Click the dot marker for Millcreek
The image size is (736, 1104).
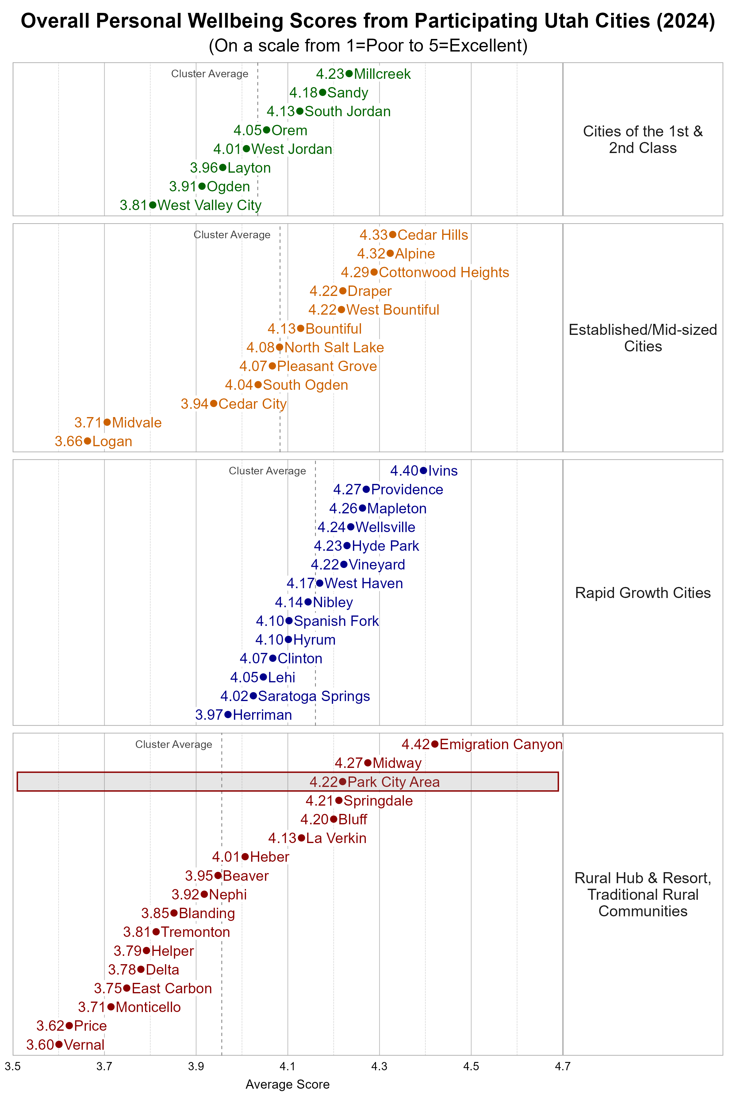(349, 74)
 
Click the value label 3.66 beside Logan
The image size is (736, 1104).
(68, 441)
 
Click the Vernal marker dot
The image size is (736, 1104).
(59, 1045)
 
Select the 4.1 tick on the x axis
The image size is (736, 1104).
(288, 1067)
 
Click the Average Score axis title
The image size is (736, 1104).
(287, 1084)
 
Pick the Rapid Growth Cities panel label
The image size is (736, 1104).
(642, 593)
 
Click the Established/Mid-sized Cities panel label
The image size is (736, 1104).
(642, 338)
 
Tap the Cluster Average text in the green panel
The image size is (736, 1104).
(210, 74)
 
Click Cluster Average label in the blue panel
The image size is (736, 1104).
(267, 471)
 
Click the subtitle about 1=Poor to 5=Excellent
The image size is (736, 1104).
(368, 45)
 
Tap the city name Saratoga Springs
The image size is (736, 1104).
(314, 696)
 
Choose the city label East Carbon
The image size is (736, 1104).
(172, 988)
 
